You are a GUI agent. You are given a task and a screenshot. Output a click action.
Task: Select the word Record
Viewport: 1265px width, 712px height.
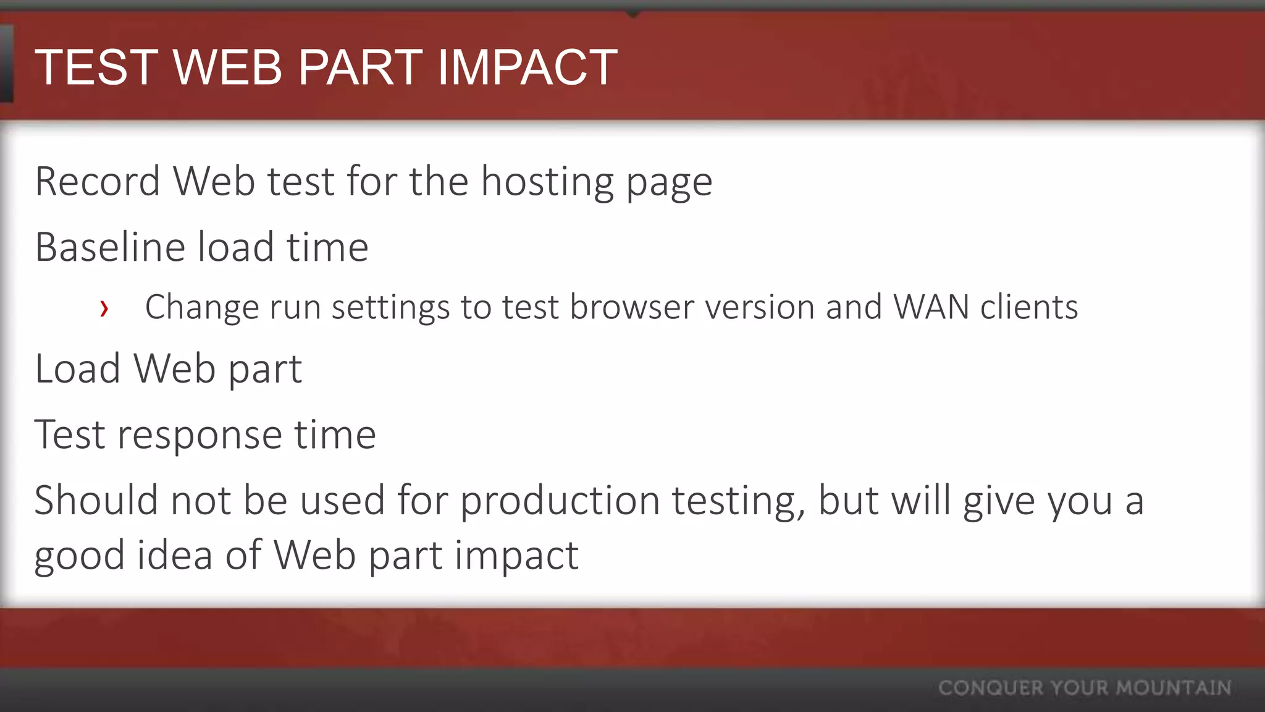pos(98,182)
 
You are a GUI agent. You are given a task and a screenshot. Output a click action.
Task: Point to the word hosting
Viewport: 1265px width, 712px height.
pos(547,183)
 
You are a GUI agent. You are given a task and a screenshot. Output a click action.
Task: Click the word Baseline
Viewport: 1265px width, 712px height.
pos(110,247)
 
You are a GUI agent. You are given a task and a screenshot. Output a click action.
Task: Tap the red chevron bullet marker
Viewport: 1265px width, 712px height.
pos(104,308)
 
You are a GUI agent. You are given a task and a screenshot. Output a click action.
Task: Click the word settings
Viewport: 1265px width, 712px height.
pos(391,307)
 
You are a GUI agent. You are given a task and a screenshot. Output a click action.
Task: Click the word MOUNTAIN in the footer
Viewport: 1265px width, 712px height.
pos(1174,688)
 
